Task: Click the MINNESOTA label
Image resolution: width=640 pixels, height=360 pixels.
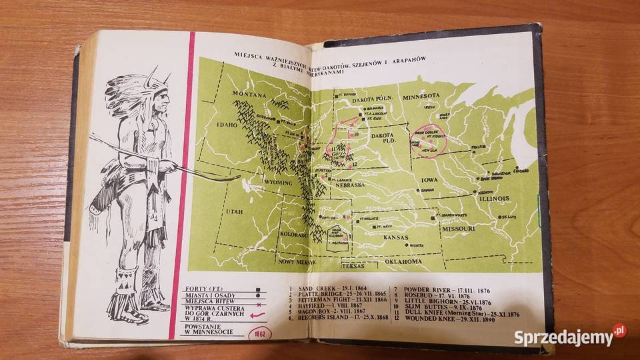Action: tap(431, 95)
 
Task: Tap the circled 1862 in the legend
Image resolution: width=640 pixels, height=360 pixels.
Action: tap(255, 335)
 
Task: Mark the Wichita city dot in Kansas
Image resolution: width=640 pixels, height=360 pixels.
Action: tap(412, 245)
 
